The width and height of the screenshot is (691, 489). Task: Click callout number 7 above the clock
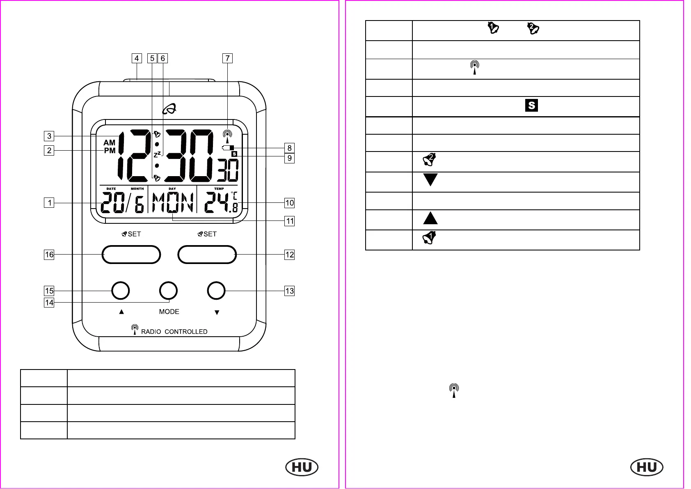pyautogui.click(x=227, y=58)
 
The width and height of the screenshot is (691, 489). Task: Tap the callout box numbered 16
pyautogui.click(x=49, y=255)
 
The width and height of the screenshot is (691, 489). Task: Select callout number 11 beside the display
pyautogui.click(x=290, y=221)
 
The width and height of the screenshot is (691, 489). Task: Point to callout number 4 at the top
pyautogui.click(x=137, y=58)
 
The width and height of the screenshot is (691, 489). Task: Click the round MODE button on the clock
pyautogui.click(x=168, y=291)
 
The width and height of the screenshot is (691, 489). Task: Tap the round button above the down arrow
pyautogui.click(x=216, y=291)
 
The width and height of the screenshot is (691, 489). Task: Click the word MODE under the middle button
pyautogui.click(x=169, y=312)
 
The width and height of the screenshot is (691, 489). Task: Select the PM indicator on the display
pyautogui.click(x=110, y=151)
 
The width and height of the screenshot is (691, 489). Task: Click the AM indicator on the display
pyautogui.click(x=110, y=142)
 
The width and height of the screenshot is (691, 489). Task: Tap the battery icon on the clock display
pyautogui.click(x=228, y=148)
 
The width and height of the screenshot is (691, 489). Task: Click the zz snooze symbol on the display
pyautogui.click(x=157, y=155)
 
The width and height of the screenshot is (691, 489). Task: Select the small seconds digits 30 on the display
pyautogui.click(x=228, y=170)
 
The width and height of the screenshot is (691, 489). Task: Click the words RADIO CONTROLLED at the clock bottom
pyautogui.click(x=174, y=332)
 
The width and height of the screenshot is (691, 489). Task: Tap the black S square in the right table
pyautogui.click(x=531, y=106)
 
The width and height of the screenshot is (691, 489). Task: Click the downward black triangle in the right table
pyautogui.click(x=430, y=179)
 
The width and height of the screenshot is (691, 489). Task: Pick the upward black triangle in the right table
pyautogui.click(x=430, y=218)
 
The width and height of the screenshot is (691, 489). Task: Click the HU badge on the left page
pyautogui.click(x=302, y=467)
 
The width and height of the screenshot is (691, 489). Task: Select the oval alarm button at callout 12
pyautogui.click(x=207, y=255)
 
